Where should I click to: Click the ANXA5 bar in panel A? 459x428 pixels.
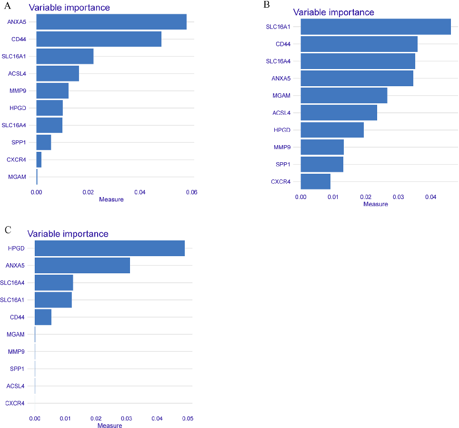(111, 22)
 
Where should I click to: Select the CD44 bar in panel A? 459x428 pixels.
(99, 39)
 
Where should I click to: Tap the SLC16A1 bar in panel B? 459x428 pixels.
(375, 27)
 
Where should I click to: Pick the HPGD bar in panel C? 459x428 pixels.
(110, 249)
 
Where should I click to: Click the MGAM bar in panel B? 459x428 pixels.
(344, 96)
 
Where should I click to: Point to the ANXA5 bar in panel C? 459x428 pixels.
(82, 266)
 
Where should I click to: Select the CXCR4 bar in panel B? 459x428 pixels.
(315, 181)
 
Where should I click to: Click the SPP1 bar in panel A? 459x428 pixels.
(43, 142)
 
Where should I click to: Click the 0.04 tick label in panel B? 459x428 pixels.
(430, 196)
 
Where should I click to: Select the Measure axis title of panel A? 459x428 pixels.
(111, 199)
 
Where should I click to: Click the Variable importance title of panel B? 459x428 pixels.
(333, 12)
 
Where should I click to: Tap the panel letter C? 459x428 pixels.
(7, 230)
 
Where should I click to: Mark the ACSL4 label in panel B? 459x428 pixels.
(281, 113)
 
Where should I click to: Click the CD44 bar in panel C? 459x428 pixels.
(43, 317)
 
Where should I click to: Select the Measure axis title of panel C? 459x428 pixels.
(110, 425)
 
